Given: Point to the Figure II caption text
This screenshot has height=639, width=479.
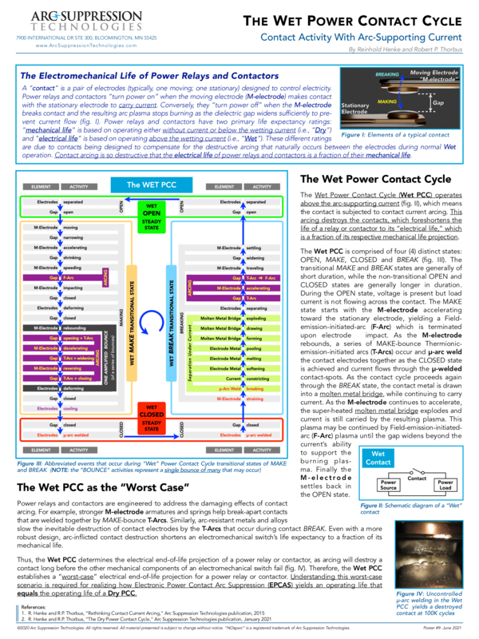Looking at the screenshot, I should click(404, 510).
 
